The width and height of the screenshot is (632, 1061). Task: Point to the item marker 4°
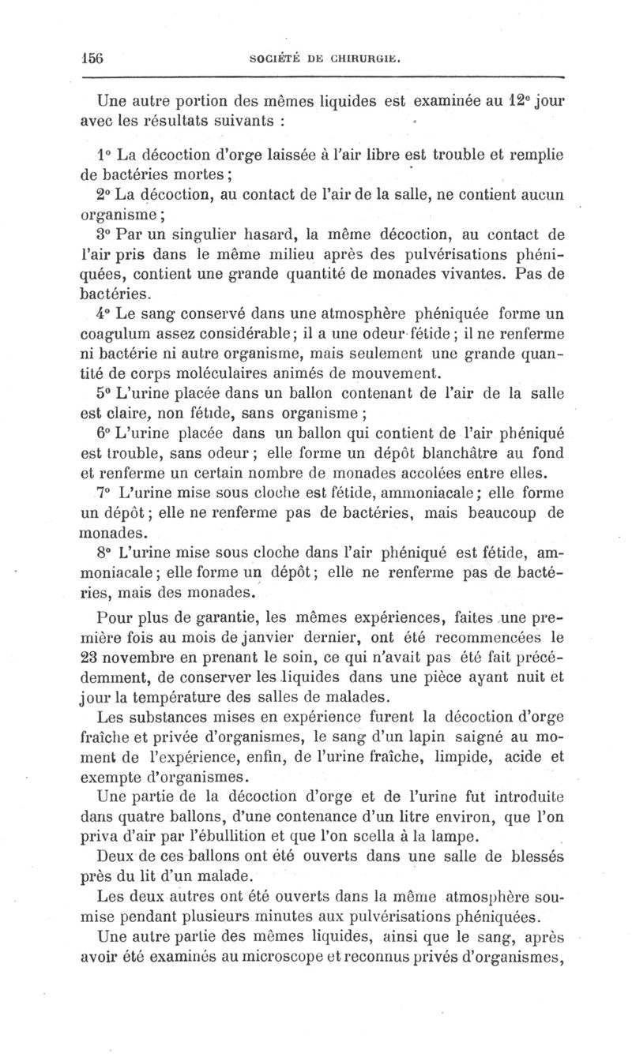tap(104, 299)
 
